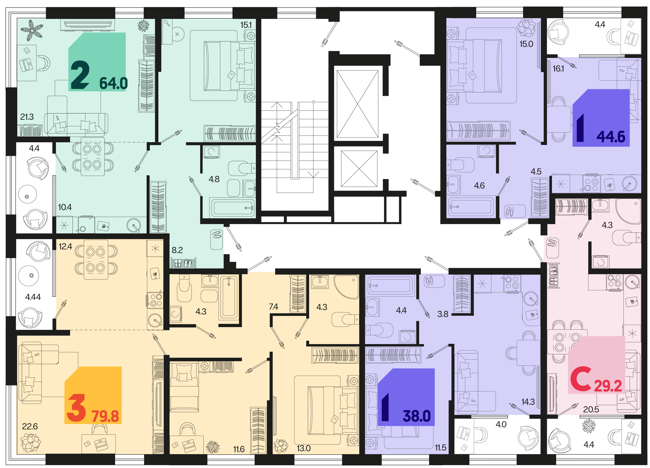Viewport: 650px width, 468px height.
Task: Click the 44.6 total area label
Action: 611,137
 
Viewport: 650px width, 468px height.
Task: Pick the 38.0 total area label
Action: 417,416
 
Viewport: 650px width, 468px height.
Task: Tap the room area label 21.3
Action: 27,117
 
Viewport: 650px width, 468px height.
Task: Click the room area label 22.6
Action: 30,426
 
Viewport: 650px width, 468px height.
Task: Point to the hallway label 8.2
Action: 177,250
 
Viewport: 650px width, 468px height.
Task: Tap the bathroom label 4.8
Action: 214,179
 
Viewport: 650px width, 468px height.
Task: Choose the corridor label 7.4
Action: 273,307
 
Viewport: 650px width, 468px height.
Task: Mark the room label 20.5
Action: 591,409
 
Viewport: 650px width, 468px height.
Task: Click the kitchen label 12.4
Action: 65,246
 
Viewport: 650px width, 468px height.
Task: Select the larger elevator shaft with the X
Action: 357,104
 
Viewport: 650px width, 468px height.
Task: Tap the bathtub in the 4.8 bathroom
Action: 232,208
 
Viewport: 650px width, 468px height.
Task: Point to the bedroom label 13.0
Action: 304,448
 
